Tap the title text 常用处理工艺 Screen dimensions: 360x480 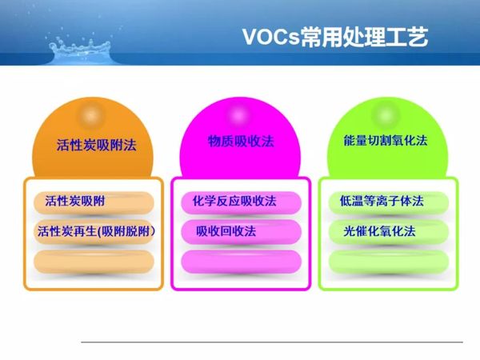(365, 37)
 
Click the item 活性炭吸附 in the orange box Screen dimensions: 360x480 (75, 202)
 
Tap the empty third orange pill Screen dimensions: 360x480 (94, 261)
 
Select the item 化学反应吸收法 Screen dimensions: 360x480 (230, 202)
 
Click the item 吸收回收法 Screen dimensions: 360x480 (226, 231)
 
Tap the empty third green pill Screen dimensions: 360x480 (389, 261)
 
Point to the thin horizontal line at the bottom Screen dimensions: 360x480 (272, 342)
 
